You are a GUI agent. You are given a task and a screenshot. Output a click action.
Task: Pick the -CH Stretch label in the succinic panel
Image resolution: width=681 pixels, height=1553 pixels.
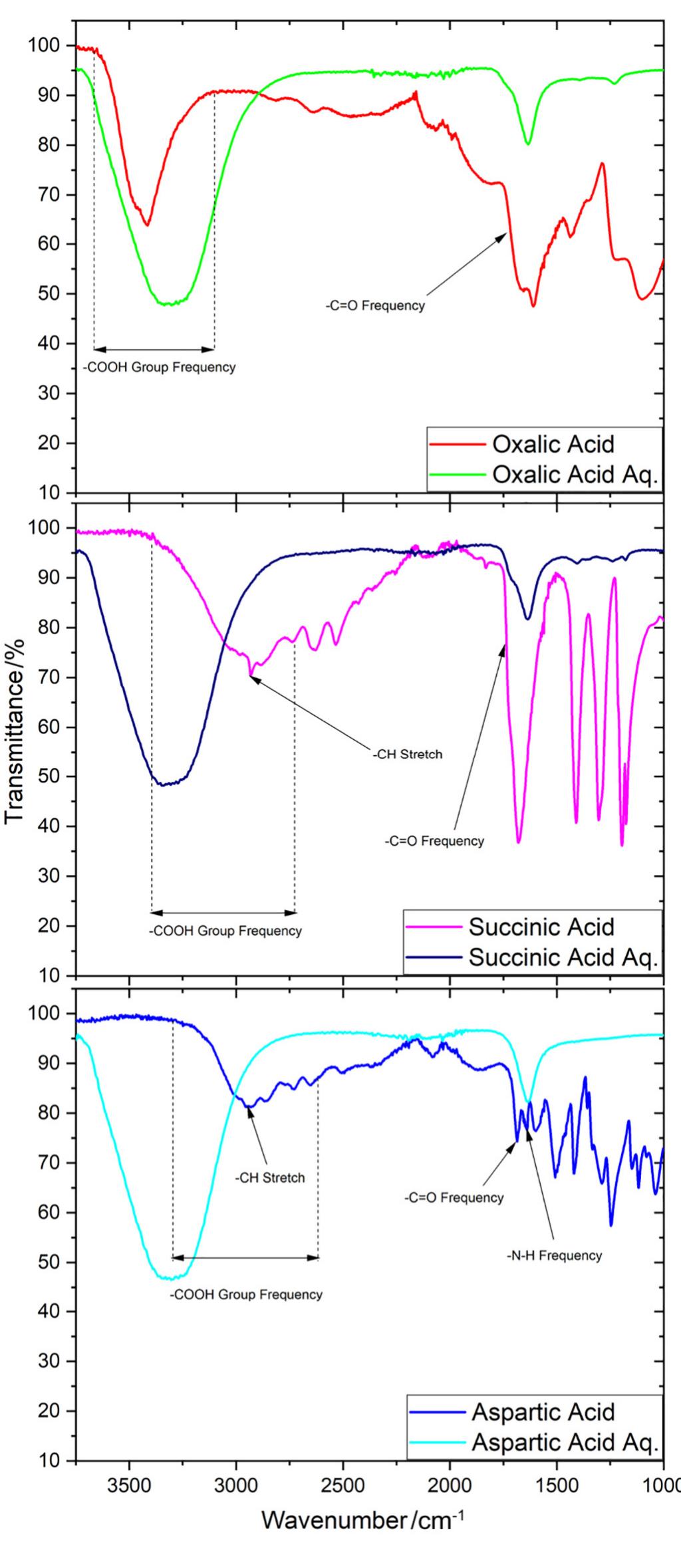tap(407, 755)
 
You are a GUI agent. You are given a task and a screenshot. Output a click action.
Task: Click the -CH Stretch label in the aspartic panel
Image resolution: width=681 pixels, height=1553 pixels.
tap(269, 1197)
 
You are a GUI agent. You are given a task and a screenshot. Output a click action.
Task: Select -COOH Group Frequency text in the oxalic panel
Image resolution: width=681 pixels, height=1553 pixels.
tap(159, 367)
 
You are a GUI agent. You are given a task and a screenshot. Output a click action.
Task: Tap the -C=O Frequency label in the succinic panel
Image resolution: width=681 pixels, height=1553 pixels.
tap(434, 841)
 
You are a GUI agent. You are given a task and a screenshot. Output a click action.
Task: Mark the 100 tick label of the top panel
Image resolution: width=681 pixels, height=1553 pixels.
tap(44, 45)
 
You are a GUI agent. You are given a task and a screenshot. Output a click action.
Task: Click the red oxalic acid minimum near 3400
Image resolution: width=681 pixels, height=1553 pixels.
tap(147, 225)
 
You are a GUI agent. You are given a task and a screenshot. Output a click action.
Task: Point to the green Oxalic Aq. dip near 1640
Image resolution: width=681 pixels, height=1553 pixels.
tap(528, 143)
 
